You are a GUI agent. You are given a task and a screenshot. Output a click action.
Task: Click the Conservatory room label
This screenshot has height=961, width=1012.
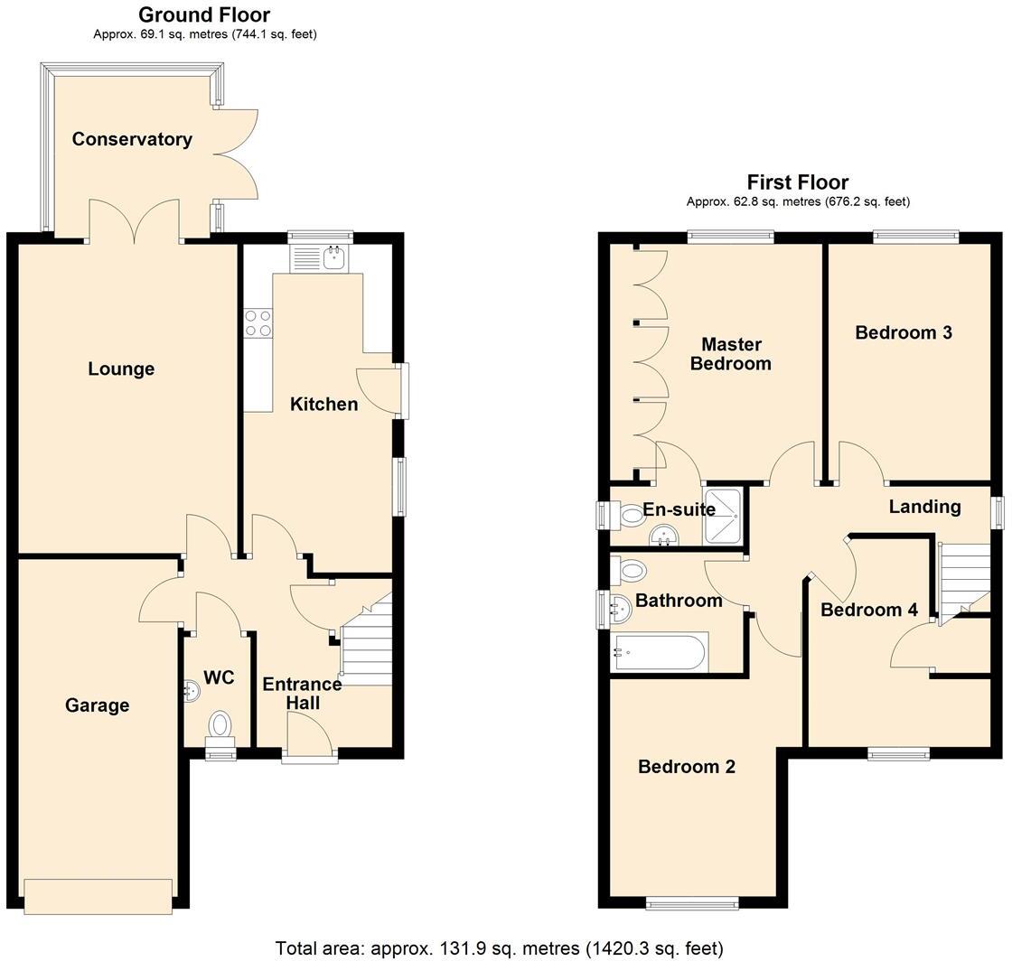click(132, 139)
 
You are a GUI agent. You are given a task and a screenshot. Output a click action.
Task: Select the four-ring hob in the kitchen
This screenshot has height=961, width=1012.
click(258, 323)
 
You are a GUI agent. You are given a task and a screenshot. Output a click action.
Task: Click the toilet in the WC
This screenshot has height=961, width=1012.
click(220, 724)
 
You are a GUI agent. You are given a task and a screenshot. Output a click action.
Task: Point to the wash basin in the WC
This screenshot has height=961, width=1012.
click(192, 690)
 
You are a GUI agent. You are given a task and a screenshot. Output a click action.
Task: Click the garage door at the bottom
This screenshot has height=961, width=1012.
click(98, 896)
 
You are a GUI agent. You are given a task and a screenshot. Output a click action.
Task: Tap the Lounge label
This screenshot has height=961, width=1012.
click(121, 369)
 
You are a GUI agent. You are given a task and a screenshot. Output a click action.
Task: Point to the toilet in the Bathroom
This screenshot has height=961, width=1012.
click(632, 570)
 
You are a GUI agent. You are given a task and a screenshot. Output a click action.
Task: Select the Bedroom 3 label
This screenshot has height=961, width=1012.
click(904, 332)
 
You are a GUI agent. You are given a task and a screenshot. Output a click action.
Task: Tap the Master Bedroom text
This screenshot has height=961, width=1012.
click(731, 354)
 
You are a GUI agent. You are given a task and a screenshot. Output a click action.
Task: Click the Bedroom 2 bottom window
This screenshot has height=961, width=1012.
click(693, 901)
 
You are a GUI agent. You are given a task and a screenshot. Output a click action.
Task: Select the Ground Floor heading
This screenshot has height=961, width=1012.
click(204, 14)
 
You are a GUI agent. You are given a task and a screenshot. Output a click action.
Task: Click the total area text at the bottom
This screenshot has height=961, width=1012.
click(500, 948)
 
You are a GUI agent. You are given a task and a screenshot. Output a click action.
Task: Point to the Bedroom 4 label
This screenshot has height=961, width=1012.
click(868, 610)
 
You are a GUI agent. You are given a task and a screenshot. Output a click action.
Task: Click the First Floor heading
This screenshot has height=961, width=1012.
click(798, 182)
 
